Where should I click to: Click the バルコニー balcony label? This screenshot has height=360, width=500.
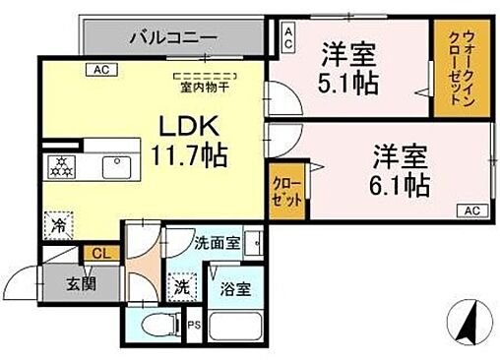(173, 38)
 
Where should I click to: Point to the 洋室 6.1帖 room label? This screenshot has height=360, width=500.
(401, 169)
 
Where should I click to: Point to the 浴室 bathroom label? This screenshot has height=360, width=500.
(233, 289)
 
